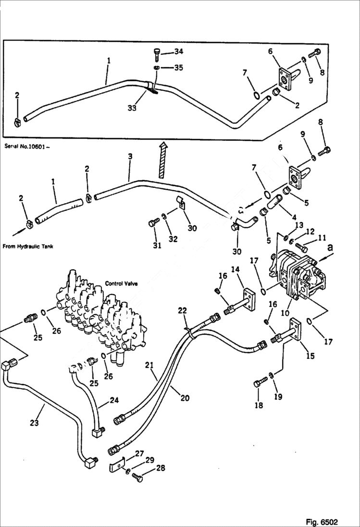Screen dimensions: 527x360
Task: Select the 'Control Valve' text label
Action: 121,283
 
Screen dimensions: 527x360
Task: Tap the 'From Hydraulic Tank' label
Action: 28,246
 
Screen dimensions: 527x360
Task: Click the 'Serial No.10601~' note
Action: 26,146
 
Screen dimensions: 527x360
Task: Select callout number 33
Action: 132,109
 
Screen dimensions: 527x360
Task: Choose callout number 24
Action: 114,400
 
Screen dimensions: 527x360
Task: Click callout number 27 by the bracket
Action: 139,453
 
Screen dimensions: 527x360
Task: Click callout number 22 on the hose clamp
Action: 182,311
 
